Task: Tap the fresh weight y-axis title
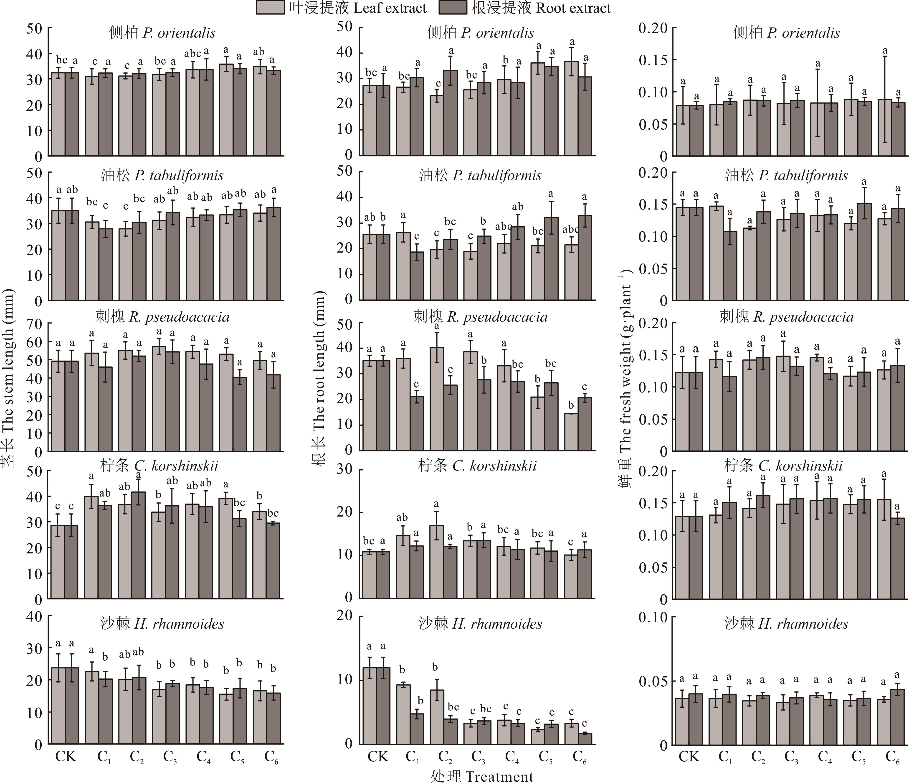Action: (x=625, y=378)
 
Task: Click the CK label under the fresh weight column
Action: (x=689, y=756)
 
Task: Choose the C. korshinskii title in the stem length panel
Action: (x=159, y=466)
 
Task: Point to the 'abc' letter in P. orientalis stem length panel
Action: (x=192, y=54)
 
